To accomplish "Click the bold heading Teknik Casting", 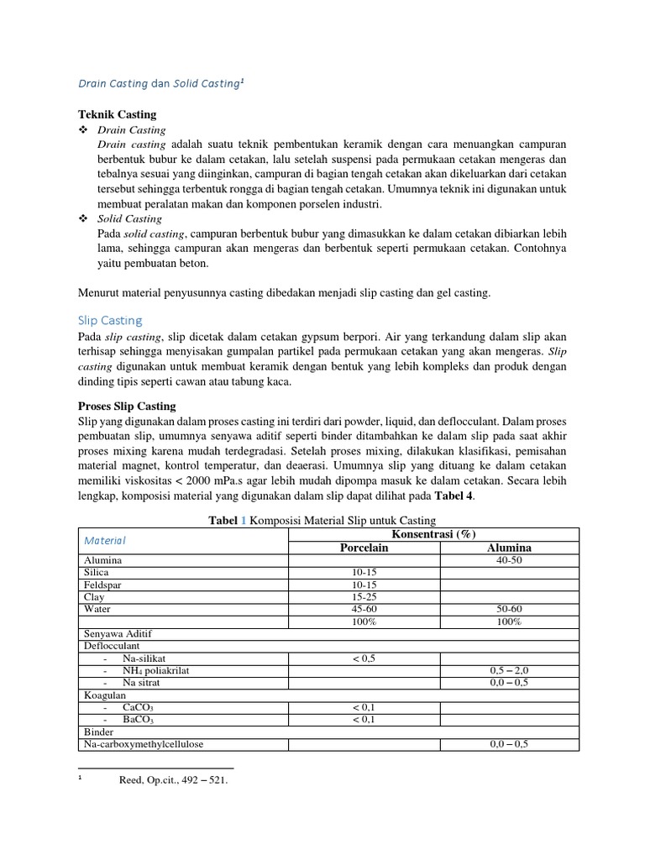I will click(x=117, y=114).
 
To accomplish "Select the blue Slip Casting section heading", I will click(x=110, y=320).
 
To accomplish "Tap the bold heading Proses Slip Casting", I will click(x=127, y=406).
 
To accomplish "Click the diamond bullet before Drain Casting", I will click(x=82, y=130).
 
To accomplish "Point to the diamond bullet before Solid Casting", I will click(x=82, y=218).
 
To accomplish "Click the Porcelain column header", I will click(x=364, y=548).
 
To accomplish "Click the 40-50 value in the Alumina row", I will click(x=509, y=560).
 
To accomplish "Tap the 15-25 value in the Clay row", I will click(x=364, y=597).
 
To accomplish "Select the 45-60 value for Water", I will click(x=364, y=609).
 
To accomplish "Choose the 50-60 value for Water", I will click(x=509, y=609).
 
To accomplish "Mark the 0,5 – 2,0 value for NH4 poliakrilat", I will click(x=509, y=671).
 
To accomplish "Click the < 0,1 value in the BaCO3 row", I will click(x=364, y=720).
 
